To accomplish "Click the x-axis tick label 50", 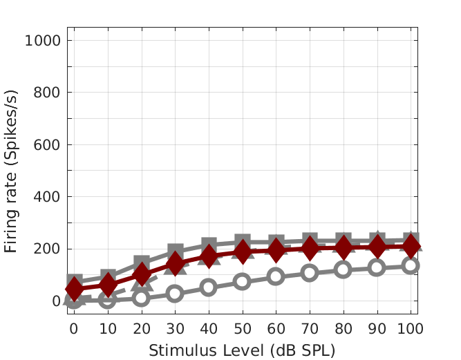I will pos(242,330).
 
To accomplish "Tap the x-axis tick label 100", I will pos(411,330).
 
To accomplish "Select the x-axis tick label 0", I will pos(73,330).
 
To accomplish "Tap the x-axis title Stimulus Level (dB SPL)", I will pos(242,350).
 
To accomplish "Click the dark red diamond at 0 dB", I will pos(74,289).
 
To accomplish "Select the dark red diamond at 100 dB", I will pos(411,245).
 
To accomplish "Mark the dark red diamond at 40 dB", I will pos(209,257).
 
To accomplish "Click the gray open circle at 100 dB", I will pos(411,265).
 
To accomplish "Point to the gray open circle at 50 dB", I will pos(242,281).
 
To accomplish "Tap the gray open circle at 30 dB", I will pos(175,294).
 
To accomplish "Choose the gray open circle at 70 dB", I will pos(310,272).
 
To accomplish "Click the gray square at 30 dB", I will pos(175,252).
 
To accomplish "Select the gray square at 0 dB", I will pos(74,281).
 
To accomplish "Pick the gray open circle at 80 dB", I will pos(344,269).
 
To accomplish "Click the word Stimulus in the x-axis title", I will pos(172,350).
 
